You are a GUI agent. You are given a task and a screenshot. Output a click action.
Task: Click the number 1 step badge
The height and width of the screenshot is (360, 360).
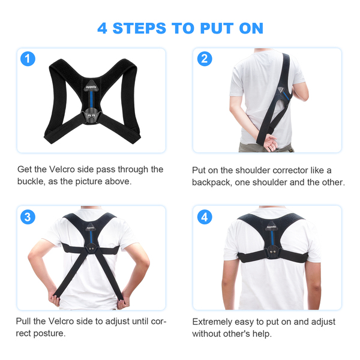click(x=28, y=59)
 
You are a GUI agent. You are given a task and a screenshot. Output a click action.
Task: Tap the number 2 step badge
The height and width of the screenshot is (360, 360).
click(x=205, y=59)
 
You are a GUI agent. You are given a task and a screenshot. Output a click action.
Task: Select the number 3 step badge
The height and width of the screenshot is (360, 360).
click(x=28, y=217)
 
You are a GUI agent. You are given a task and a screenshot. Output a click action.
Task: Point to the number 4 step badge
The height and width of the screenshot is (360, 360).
click(x=205, y=217)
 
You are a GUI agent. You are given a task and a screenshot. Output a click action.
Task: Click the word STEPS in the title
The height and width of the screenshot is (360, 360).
click(x=139, y=28)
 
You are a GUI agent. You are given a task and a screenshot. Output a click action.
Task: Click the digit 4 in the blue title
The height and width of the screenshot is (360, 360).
click(x=102, y=28)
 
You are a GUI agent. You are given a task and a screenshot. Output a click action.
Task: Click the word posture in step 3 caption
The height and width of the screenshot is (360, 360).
click(x=49, y=334)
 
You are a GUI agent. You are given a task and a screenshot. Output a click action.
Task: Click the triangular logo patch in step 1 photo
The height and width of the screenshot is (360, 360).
click(x=91, y=86)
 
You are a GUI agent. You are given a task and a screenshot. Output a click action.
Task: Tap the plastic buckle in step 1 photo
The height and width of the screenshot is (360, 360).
click(x=91, y=115)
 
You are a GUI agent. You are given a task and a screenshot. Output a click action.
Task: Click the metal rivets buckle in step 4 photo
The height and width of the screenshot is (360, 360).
click(x=273, y=252)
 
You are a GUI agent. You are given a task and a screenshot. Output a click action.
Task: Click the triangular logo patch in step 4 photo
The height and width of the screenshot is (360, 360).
click(x=271, y=227)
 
